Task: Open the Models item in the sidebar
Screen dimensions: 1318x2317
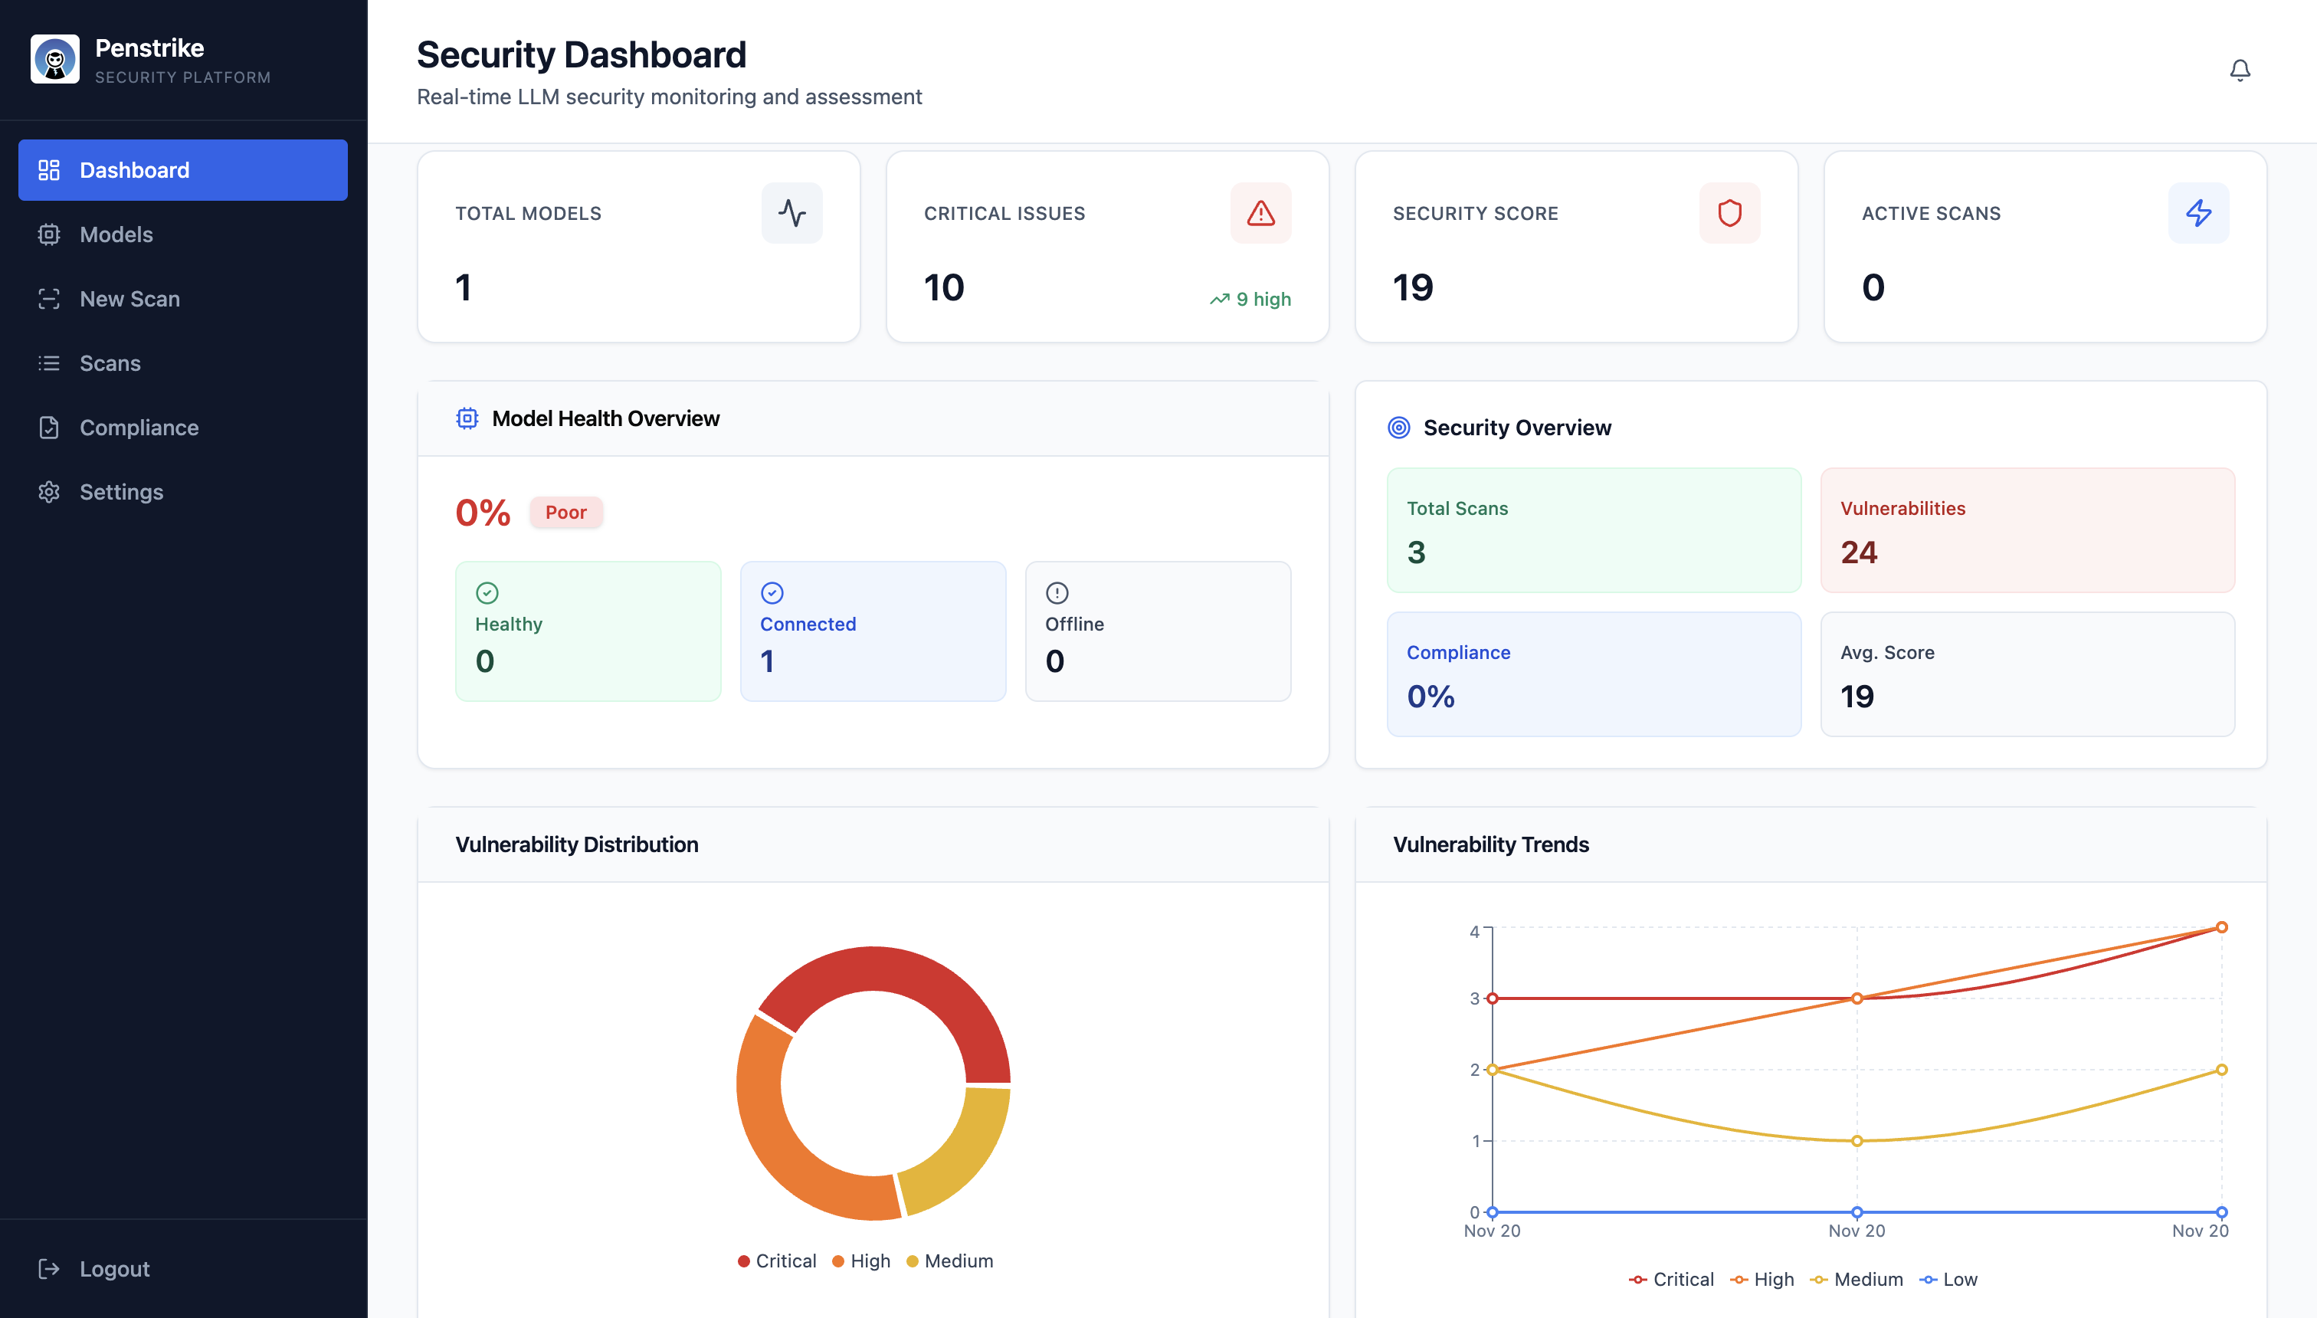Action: [116, 234]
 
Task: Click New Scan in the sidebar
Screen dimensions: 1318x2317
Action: [129, 299]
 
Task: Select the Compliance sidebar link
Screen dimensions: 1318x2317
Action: [139, 428]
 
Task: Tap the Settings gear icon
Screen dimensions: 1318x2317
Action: [49, 491]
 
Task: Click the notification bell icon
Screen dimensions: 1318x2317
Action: [2239, 70]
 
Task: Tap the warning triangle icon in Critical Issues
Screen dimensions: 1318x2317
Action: [1260, 214]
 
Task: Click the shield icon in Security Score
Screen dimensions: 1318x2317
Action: [1729, 214]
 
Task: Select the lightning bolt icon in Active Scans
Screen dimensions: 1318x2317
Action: [2197, 214]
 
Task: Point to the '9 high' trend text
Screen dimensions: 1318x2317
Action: [1263, 299]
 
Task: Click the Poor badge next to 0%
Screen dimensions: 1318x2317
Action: [565, 513]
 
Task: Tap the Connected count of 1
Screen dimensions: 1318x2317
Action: [767, 661]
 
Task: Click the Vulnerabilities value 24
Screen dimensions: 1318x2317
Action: [1858, 552]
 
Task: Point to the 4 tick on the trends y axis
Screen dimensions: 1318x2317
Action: [1474, 932]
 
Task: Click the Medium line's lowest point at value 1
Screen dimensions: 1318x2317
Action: [1857, 1140]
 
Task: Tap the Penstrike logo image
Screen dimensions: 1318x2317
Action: [55, 60]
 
